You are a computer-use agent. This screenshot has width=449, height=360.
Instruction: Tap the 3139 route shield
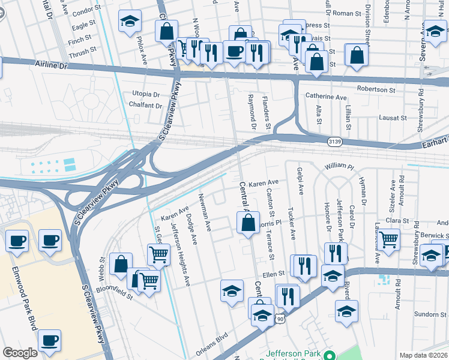[x=335, y=141]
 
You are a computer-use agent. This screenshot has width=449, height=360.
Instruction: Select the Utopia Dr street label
[x=146, y=94]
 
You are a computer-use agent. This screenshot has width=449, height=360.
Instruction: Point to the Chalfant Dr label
[x=146, y=106]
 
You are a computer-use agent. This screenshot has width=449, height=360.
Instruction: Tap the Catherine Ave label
[x=326, y=97]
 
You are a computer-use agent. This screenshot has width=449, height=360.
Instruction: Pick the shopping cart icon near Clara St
[x=389, y=239]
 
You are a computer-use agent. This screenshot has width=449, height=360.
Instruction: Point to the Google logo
[x=20, y=353]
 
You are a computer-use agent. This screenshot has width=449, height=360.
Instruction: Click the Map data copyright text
[x=423, y=355]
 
